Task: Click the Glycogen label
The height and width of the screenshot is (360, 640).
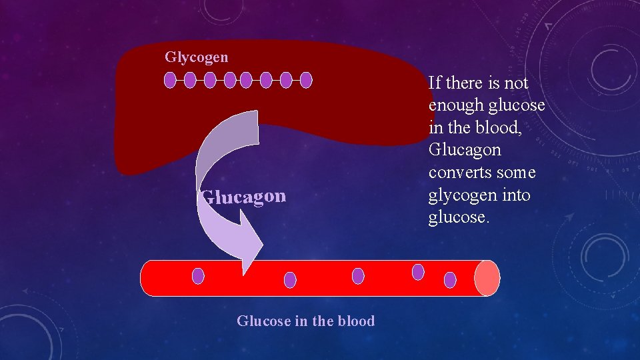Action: coord(196,57)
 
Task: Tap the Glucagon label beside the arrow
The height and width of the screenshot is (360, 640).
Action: coord(244,197)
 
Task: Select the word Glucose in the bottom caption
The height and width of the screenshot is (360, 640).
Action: coord(263,321)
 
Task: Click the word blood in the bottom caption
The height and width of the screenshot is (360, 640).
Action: coord(356,321)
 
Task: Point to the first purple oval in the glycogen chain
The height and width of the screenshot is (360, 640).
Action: coord(170,81)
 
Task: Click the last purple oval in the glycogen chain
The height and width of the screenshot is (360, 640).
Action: coord(306,81)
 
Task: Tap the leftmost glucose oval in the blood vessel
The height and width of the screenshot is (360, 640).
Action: coord(198,275)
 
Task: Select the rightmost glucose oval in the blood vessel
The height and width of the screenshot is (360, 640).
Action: coord(450,280)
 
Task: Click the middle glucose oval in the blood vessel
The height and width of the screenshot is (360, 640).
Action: coord(358,275)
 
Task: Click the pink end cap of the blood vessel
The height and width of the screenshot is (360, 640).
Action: coord(487,278)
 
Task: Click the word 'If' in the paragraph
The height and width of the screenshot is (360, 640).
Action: coord(435,83)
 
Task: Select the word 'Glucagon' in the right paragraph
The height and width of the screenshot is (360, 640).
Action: coord(465,150)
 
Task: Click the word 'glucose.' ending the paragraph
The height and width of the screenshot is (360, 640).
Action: coord(459,218)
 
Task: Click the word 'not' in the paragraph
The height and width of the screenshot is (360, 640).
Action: coord(515,83)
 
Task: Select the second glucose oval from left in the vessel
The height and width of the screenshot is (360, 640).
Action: coord(290,280)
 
